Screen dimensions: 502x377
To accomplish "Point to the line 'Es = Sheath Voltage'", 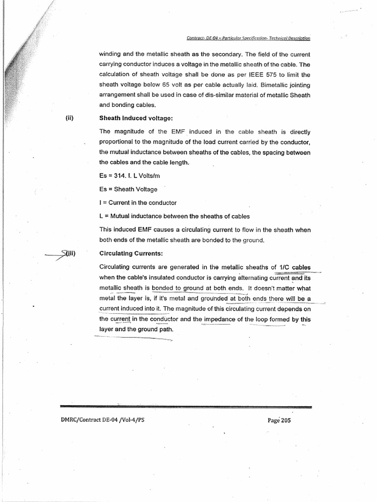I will [x=128, y=189].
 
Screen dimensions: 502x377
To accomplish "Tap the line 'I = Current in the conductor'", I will [x=137, y=202].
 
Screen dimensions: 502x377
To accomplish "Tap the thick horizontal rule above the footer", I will [x=186, y=407].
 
